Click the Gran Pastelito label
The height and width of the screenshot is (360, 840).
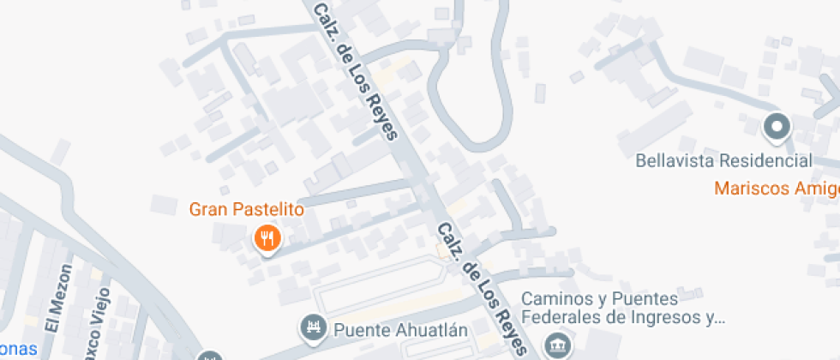(x=246, y=209)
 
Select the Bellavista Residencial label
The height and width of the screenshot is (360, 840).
(x=724, y=160)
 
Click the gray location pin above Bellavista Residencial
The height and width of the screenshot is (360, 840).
(x=777, y=128)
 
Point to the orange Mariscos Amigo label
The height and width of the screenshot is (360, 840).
(x=777, y=188)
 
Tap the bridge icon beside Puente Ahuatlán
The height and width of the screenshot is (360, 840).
(x=313, y=327)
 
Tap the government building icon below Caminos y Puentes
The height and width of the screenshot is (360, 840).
(x=559, y=345)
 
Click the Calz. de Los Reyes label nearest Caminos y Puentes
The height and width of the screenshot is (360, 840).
(x=482, y=288)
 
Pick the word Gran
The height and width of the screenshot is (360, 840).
(x=206, y=209)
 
